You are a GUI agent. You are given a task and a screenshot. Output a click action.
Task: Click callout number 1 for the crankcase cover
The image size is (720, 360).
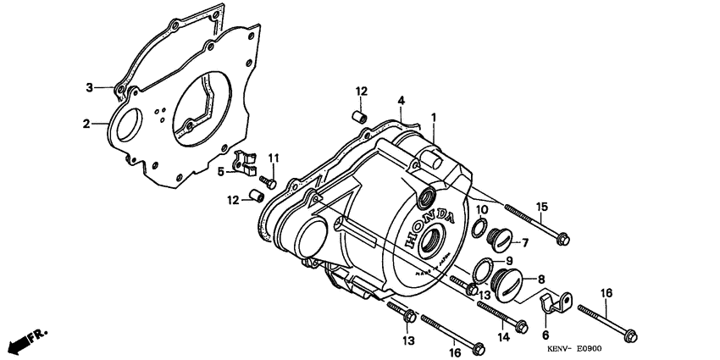433,117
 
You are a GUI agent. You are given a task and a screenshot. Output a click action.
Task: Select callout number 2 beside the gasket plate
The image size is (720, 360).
86,124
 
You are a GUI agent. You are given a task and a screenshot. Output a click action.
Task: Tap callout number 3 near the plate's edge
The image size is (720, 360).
88,87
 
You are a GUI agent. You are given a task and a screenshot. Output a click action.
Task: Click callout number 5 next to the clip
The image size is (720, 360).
220,171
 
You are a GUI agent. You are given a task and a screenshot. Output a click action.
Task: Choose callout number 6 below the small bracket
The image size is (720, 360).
546,335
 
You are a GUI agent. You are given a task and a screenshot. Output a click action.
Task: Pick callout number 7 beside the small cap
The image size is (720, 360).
525,243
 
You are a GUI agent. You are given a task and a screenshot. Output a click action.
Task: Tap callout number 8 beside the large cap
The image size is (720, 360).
540,277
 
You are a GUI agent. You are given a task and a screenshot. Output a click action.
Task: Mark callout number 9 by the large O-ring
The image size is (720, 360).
509,260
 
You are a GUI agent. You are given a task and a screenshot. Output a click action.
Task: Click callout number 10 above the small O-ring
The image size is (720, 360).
481,209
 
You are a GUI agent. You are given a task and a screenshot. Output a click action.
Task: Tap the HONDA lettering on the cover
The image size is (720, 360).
432,227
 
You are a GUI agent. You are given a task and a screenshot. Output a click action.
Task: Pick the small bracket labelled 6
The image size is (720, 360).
556,300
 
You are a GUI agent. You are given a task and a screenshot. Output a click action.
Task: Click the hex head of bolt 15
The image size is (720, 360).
563,240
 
